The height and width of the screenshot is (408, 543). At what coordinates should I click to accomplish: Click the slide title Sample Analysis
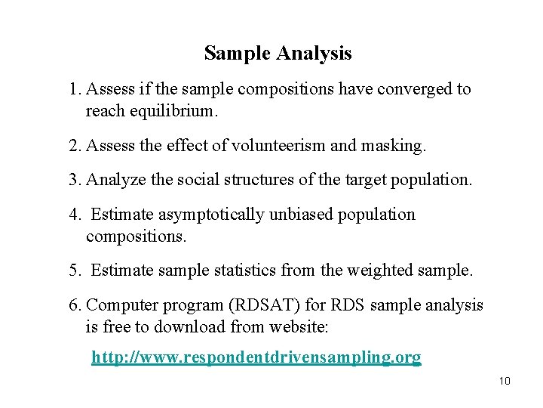click(x=278, y=54)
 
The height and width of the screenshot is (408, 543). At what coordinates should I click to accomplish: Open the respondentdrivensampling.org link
click(x=256, y=357)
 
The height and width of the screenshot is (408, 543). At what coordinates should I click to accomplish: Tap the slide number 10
click(x=505, y=381)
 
